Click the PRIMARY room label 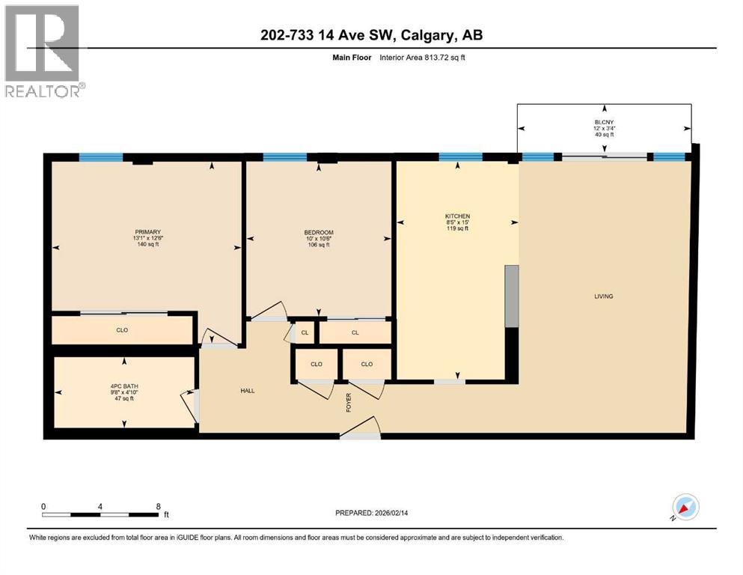(x=148, y=232)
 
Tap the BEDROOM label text (x=319, y=232)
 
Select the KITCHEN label (x=457, y=216)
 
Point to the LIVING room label (x=603, y=296)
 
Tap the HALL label (x=248, y=391)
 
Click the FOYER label (x=349, y=402)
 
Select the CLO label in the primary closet (x=122, y=329)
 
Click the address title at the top (x=371, y=36)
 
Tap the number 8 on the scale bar (x=158, y=506)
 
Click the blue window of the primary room (x=101, y=157)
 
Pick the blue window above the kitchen (x=460, y=157)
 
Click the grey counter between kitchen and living (x=512, y=296)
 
